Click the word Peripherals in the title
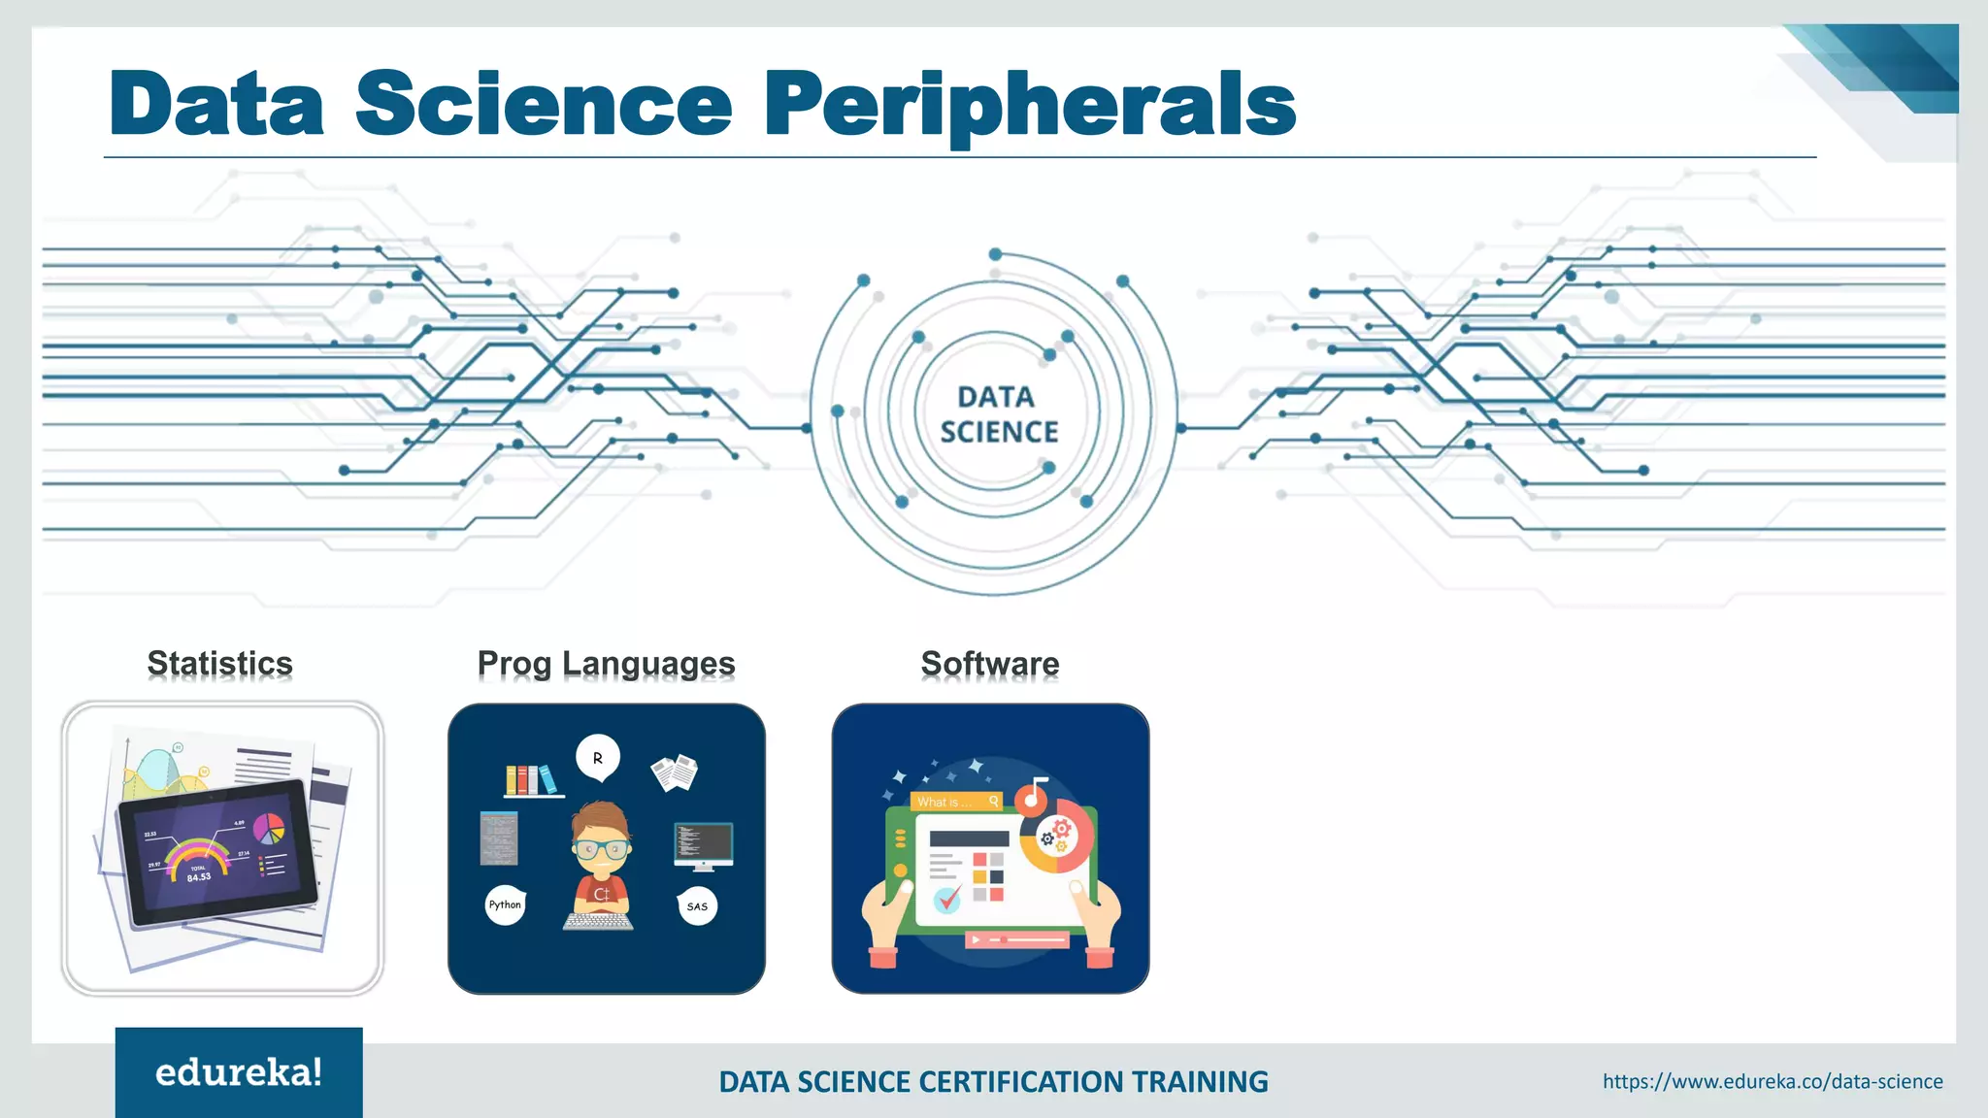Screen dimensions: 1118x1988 (1030, 105)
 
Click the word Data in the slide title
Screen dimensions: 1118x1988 (216, 105)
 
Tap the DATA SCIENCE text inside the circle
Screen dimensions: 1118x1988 (998, 414)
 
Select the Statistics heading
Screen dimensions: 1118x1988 (220, 664)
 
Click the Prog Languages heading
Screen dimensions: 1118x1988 (606, 664)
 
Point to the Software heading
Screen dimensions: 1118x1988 (990, 664)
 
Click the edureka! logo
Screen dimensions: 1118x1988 (239, 1072)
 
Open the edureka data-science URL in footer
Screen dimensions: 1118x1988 (1773, 1081)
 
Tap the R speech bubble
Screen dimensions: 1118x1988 (598, 758)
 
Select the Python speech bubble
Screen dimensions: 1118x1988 (505, 904)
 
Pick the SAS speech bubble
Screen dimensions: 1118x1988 (697, 906)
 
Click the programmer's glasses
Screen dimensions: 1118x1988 (601, 848)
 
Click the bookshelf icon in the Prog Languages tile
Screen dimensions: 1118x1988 (531, 780)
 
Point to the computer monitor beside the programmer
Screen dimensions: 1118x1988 (704, 844)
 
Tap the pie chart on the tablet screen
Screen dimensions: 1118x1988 (269, 828)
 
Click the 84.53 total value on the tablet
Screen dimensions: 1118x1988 (199, 877)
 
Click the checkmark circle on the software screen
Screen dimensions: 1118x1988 (947, 900)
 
